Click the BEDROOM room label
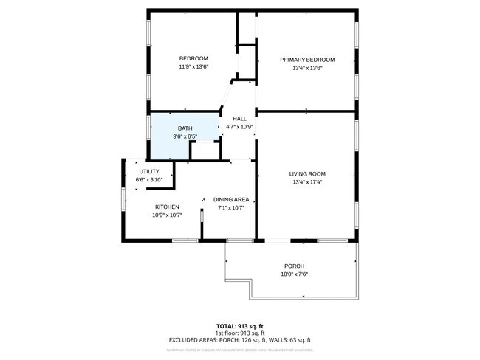tap(193, 59)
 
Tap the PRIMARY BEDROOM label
tap(306, 60)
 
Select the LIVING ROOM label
tap(306, 174)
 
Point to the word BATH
tap(185, 128)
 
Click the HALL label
tap(239, 119)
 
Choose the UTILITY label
tap(149, 171)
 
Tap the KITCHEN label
tap(167, 207)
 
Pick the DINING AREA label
tap(230, 199)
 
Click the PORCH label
tap(294, 266)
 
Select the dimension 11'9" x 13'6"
tap(193, 67)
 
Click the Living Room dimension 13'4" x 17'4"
tap(306, 182)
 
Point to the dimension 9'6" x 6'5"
tap(185, 136)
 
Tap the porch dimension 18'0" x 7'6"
tap(294, 274)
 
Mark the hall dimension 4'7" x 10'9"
tap(239, 127)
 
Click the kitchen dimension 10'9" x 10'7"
tap(167, 215)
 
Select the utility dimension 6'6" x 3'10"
tap(149, 179)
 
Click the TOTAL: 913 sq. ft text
tap(239, 326)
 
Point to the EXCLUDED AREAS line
tap(239, 340)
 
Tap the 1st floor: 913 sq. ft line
tap(239, 333)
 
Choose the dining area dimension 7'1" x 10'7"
tap(230, 207)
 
